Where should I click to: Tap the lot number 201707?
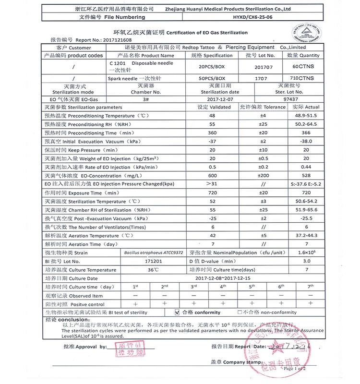pyautogui.click(x=263, y=67)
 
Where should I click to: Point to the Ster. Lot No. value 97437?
pyautogui.click(x=301, y=99)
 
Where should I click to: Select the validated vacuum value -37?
pyautogui.click(x=213, y=142)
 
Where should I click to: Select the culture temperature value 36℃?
pyautogui.click(x=153, y=270)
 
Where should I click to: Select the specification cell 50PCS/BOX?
pyautogui.click(x=212, y=78)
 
